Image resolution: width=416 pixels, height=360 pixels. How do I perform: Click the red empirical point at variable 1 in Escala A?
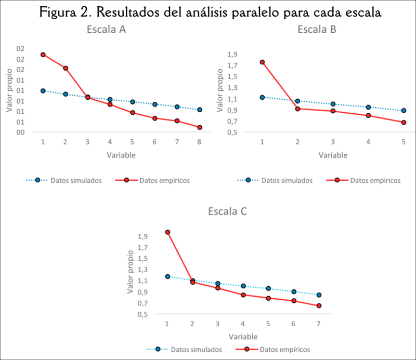43,55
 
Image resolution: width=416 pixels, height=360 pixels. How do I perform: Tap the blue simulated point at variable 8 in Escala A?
200,110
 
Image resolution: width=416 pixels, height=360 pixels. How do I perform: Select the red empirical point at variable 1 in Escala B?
262,62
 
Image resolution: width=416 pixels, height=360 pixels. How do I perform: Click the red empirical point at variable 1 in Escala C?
167,232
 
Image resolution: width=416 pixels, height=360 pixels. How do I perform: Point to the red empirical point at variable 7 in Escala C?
319,305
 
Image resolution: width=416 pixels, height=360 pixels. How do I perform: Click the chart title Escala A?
106,30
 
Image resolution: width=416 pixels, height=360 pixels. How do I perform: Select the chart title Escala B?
317,30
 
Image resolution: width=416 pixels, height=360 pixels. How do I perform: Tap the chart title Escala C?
227,211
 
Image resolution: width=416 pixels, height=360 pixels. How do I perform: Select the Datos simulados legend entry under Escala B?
287,180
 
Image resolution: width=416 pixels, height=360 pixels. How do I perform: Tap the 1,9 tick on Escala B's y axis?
232,54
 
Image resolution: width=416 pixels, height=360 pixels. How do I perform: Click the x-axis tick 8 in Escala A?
200,142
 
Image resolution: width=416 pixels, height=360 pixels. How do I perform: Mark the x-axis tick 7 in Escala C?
319,324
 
